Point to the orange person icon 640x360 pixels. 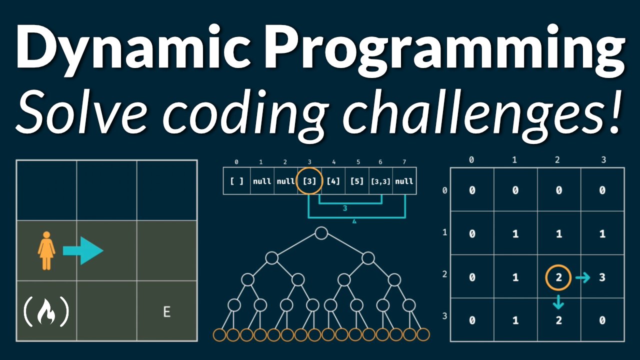click(46, 250)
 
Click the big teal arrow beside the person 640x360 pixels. click(83, 250)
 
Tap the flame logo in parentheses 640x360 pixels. click(46, 311)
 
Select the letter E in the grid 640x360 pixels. click(167, 312)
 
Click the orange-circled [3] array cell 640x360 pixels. click(309, 181)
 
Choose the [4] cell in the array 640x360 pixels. click(333, 181)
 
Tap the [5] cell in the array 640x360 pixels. click(357, 181)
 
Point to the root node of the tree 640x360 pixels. click(321, 233)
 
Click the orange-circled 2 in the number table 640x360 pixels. click(559, 276)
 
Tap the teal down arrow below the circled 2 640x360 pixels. click(559, 301)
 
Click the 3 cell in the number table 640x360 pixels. click(602, 276)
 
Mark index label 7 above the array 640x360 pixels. click(404, 162)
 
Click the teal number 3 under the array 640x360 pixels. click(345, 208)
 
